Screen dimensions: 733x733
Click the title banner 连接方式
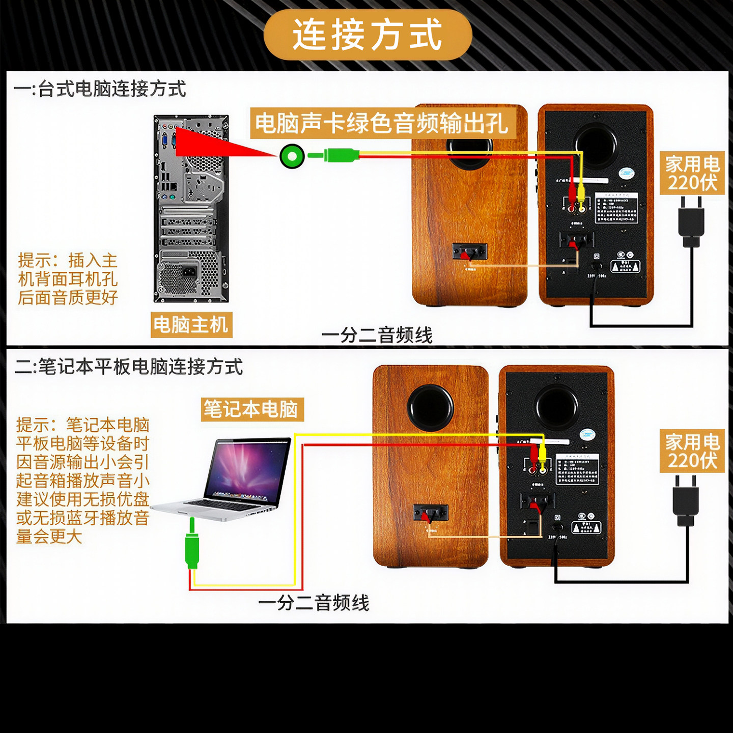click(x=368, y=35)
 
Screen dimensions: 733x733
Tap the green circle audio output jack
click(x=292, y=156)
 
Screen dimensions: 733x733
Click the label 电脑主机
click(x=191, y=325)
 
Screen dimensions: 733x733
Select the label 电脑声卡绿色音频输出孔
click(x=382, y=123)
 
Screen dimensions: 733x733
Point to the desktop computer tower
click(x=191, y=209)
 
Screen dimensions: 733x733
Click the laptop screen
click(x=248, y=469)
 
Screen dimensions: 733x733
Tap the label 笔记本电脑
click(x=252, y=409)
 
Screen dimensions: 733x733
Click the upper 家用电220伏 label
click(x=692, y=173)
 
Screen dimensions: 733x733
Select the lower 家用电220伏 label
click(x=692, y=451)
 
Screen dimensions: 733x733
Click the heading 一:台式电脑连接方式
click(x=100, y=89)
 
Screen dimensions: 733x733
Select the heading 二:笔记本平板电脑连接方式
click(x=128, y=366)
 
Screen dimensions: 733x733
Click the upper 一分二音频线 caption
click(x=377, y=335)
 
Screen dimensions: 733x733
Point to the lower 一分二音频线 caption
click(x=314, y=603)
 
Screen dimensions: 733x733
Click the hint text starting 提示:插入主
click(x=68, y=279)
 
